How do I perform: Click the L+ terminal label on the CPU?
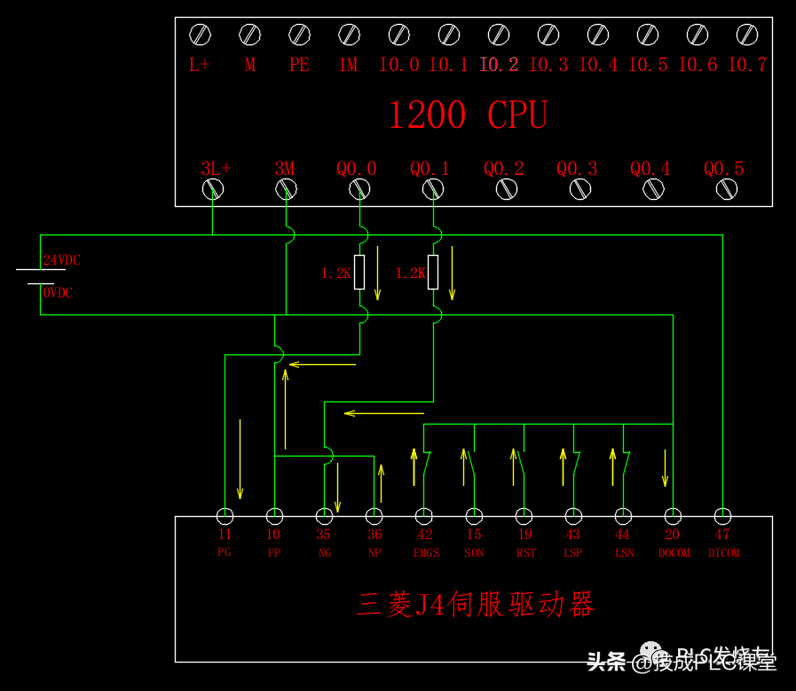(200, 65)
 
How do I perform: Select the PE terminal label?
(299, 65)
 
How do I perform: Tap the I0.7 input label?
(747, 65)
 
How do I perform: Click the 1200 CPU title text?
(468, 115)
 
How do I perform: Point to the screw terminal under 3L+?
(213, 188)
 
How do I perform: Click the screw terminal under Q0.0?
(359, 188)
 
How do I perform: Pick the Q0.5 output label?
(724, 168)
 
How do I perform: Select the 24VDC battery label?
(61, 260)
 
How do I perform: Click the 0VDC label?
(58, 293)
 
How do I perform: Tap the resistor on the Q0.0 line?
(359, 272)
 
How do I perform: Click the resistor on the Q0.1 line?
(433, 272)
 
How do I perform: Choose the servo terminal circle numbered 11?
(225, 516)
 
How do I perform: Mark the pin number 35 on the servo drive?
(324, 535)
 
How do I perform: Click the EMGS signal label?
(426, 553)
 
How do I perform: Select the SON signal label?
(475, 553)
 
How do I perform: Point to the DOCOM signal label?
(674, 553)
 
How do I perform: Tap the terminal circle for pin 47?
(723, 516)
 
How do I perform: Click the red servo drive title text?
(475, 606)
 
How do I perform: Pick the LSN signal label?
(624, 553)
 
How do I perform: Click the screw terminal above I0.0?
(399, 36)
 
